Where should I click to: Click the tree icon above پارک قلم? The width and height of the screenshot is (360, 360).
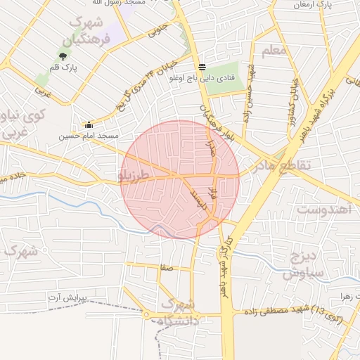click(63, 56)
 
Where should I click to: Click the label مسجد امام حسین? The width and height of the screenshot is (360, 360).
click(89, 134)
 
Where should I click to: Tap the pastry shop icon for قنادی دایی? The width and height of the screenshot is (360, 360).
click(202, 67)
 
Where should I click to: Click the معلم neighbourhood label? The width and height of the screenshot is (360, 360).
click(274, 51)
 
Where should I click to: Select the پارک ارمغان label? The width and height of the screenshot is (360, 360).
click(334, 5)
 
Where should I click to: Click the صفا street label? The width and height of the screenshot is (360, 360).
click(166, 267)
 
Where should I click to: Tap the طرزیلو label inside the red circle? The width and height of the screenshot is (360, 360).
click(134, 173)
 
